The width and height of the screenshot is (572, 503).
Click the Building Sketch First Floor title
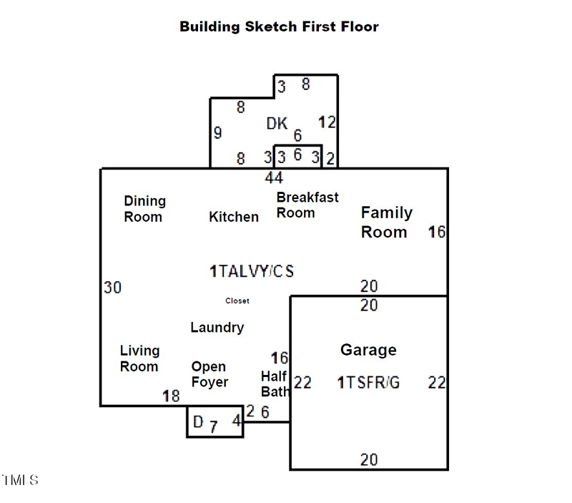pos(279,27)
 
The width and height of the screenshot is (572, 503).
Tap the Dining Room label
pos(144,208)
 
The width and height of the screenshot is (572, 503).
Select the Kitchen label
pos(234,216)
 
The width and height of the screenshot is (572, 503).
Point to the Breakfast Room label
pos(307,205)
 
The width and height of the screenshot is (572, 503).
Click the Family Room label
pos(386,222)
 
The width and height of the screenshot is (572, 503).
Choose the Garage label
pos(368,350)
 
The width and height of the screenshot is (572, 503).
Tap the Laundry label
pos(217,328)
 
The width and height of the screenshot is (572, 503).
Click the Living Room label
pos(139,358)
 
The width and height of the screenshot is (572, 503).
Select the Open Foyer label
pos(209,374)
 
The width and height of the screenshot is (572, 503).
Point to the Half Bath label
pos(275,384)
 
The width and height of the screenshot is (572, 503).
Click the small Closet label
pos(237,301)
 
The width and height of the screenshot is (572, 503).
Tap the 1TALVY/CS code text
pos(252,271)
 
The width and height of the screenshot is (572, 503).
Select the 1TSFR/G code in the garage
pos(368,383)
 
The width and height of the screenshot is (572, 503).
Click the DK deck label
pos(277,124)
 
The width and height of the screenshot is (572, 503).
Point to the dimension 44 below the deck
pos(274,177)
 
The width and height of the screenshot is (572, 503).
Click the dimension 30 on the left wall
pos(112,288)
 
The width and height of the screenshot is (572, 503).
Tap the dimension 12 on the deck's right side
pos(327,122)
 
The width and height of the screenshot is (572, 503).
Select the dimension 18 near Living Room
pos(171,396)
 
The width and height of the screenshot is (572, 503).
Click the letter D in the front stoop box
pos(198,421)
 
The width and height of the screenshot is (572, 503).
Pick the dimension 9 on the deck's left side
pos(217,132)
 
